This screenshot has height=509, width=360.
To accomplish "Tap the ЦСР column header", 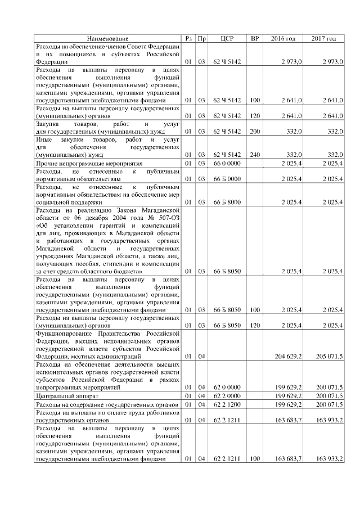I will pos(227,38).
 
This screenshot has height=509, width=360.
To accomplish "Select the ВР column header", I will pos(255,38).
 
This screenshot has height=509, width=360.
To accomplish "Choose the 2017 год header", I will pos(324,38).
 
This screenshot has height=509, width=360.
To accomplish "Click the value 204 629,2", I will pos(291,356).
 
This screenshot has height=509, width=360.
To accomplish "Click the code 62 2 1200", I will pos(227,404).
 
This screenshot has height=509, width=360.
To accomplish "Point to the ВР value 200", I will pos(255,131).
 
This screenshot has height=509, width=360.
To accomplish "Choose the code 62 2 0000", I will pos(227,397).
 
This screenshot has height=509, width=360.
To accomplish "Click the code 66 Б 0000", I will pos(227,179).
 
